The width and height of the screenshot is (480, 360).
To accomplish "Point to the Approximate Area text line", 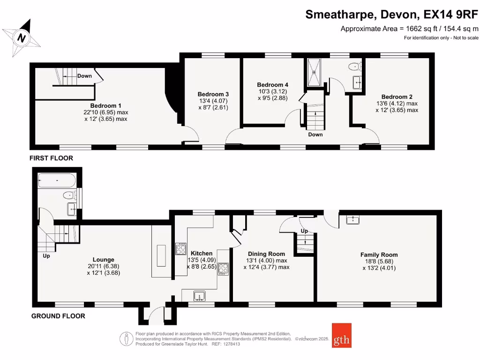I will pyautogui.click(x=409, y=29).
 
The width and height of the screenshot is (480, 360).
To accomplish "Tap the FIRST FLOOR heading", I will pyautogui.click(x=51, y=158).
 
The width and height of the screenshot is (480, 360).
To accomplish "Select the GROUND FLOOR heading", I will pyautogui.click(x=58, y=316).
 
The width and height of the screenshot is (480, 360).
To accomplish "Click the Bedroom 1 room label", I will pyautogui.click(x=106, y=105).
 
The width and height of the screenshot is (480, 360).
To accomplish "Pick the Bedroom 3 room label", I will pyautogui.click(x=213, y=94).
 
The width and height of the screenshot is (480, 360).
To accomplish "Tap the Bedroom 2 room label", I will pyautogui.click(x=397, y=97).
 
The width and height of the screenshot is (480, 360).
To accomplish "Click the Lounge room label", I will pyautogui.click(x=103, y=259).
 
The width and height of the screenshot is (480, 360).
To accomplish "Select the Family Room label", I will pyautogui.click(x=379, y=255).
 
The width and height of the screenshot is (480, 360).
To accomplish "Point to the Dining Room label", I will pyautogui.click(x=266, y=254).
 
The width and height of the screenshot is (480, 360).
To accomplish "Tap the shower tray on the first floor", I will pyautogui.click(x=313, y=73).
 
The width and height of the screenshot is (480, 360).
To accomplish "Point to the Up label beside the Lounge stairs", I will pyautogui.click(x=46, y=256).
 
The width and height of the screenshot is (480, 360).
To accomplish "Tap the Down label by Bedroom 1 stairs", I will pyautogui.click(x=84, y=76).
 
